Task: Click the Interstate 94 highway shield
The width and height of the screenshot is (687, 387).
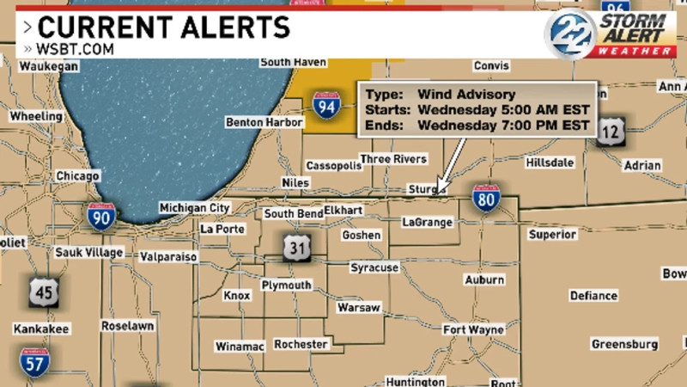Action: click(325, 105)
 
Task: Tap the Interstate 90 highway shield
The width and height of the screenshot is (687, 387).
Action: click(101, 216)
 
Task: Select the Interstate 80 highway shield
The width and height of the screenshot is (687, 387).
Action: click(485, 199)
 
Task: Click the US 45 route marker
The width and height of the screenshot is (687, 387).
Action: click(45, 292)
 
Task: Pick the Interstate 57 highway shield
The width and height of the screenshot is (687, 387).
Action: click(34, 361)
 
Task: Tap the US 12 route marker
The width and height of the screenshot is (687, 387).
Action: click(611, 130)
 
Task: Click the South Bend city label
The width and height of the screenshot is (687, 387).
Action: click(293, 213)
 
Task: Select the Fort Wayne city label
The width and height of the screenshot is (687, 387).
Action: click(473, 330)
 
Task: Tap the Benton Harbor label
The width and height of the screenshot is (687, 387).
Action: click(264, 122)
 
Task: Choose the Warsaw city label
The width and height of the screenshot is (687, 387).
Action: click(358, 307)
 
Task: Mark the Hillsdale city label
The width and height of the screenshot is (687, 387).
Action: click(532, 161)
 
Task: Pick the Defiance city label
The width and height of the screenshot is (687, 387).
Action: click(593, 295)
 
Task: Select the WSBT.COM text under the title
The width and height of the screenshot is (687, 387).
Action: click(75, 49)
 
